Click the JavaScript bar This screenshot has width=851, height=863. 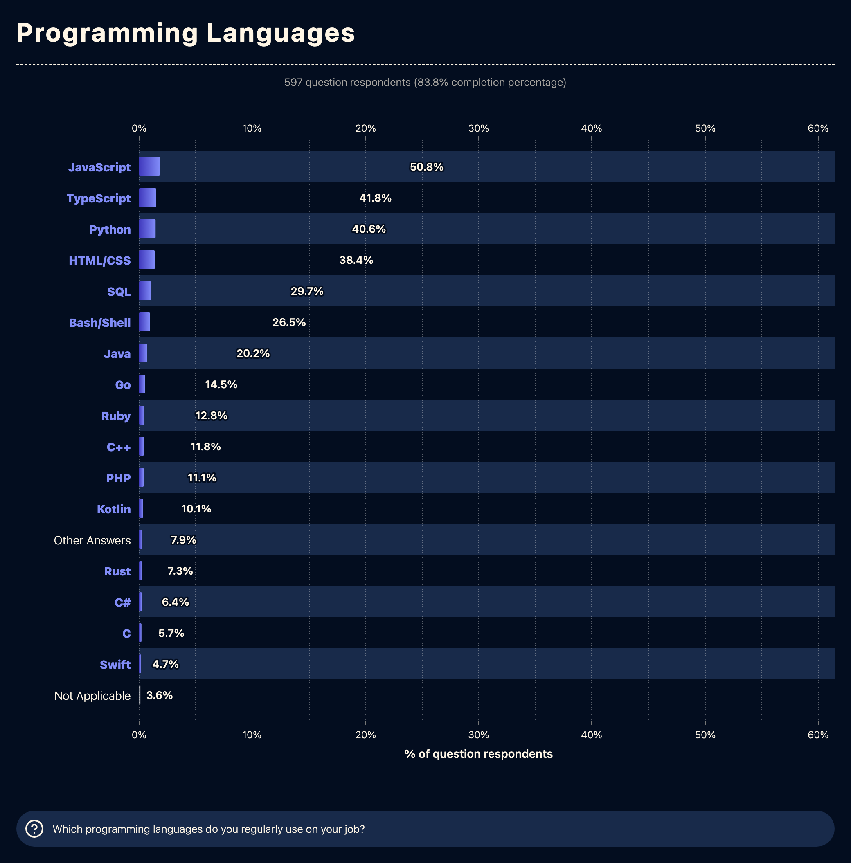(x=149, y=166)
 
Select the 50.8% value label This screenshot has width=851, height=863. (x=426, y=166)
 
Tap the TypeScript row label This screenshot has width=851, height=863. (x=98, y=198)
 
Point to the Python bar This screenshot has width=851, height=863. (x=147, y=229)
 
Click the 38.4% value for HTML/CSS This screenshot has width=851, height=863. (x=356, y=260)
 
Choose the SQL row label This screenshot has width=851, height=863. (x=119, y=292)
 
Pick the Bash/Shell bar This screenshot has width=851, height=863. (x=144, y=322)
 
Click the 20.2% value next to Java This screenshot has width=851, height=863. (x=253, y=353)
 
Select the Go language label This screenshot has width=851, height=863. (x=122, y=385)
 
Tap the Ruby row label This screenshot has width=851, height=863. (x=116, y=416)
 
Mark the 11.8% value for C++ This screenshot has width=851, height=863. (x=205, y=447)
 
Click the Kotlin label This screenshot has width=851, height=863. (x=113, y=509)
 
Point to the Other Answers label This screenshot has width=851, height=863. (x=92, y=540)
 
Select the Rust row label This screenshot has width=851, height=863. (x=117, y=571)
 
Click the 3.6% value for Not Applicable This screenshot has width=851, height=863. (x=159, y=695)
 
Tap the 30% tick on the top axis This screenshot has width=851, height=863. (x=478, y=129)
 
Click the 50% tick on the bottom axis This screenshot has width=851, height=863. (x=705, y=735)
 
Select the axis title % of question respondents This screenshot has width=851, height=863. (x=478, y=755)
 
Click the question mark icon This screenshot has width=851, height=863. (x=34, y=829)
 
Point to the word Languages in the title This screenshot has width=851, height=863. (x=281, y=33)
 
